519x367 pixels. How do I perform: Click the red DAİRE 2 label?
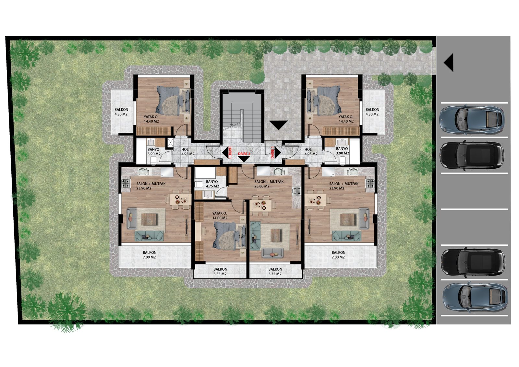(244, 153)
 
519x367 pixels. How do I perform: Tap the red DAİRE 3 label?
(230, 153)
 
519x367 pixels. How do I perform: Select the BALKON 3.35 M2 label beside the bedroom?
(220, 272)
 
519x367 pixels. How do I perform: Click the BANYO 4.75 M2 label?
(212, 184)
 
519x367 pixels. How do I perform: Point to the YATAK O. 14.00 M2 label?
(220, 215)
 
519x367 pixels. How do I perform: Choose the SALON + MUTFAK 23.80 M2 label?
(269, 184)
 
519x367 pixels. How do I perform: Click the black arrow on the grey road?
(448, 63)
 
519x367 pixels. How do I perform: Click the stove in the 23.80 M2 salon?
(296, 191)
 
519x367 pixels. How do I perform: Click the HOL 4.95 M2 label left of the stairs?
(188, 152)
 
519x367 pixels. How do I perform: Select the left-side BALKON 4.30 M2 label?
(121, 112)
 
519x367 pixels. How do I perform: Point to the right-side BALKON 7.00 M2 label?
(338, 255)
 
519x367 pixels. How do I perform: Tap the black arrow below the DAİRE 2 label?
(244, 159)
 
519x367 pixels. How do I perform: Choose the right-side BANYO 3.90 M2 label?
(342, 151)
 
